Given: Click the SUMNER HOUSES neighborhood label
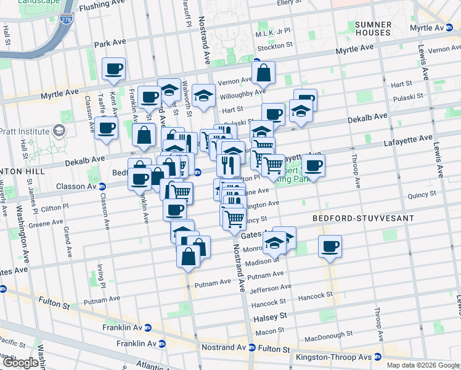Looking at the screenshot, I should coord(373,28).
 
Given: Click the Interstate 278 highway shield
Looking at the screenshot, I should coord(67,20).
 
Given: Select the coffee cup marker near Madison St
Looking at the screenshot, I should coord(330,247).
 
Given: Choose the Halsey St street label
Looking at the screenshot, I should coord(271,316).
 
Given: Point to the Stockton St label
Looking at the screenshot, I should coord(275,46).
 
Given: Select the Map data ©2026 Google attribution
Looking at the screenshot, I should coord(423,365).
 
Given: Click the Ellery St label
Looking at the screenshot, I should coord(290,3).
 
